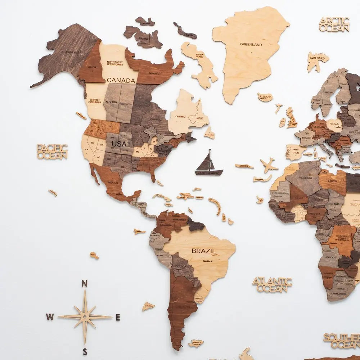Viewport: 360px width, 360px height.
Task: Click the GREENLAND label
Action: click(251, 45)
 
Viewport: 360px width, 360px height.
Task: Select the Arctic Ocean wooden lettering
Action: click(334, 24)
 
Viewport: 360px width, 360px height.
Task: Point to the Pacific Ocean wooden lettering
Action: click(52, 152)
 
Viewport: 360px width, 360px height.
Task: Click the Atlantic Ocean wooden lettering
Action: click(272, 284)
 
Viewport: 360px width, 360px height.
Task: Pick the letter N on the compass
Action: click(85, 283)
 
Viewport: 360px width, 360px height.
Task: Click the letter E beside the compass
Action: click(118, 318)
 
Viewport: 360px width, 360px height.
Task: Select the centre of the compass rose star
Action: click(85, 316)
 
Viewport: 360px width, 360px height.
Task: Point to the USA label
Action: click(119, 144)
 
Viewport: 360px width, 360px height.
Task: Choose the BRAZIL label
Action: click(204, 251)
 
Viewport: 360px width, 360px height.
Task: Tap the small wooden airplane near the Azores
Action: click(269, 165)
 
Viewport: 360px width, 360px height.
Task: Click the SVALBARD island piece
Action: click(317, 60)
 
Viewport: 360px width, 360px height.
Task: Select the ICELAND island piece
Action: click(265, 97)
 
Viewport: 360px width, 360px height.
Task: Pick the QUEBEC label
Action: click(180, 116)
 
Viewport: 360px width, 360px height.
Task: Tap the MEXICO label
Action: click(113, 183)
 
